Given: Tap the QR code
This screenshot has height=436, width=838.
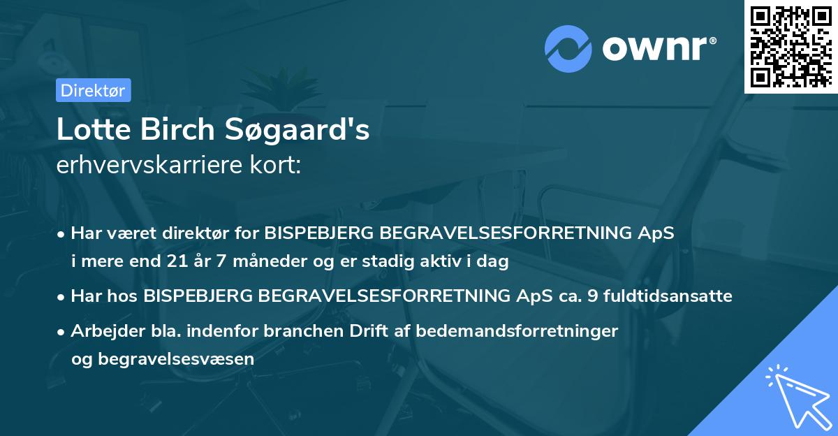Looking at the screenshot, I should click(789, 46).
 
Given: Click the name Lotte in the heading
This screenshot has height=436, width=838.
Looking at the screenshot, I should click(88, 129).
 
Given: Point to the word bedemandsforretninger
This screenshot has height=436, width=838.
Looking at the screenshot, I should click(517, 331).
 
